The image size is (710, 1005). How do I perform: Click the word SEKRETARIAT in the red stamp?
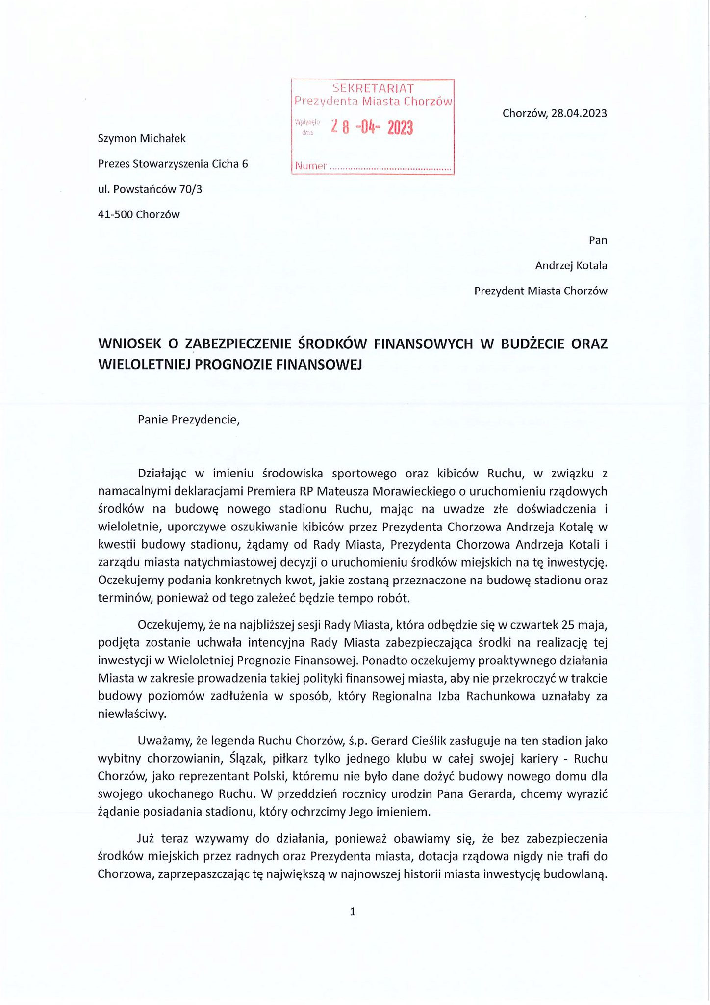click(x=373, y=89)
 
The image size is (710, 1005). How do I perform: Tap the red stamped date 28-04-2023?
click(x=372, y=128)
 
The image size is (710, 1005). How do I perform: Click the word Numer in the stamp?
click(x=311, y=166)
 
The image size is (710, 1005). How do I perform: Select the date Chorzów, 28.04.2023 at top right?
click(x=555, y=113)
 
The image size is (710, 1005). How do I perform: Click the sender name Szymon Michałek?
click(x=142, y=139)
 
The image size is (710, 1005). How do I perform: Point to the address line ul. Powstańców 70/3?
click(x=150, y=189)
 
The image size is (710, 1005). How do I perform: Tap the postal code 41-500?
click(x=116, y=214)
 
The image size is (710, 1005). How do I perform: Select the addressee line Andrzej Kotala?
click(x=571, y=266)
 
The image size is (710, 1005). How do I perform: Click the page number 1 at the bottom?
click(x=353, y=912)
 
